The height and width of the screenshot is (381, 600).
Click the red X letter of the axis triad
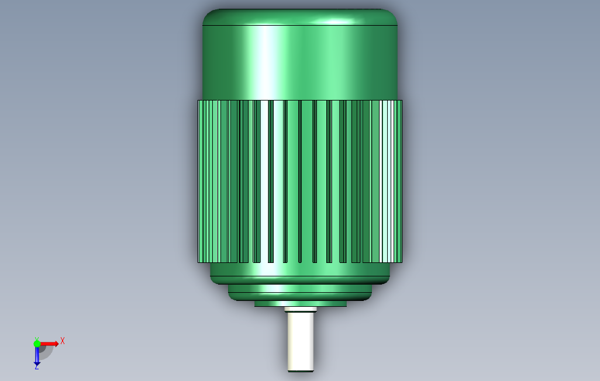pos(63,341)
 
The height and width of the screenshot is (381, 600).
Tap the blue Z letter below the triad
pos(36,366)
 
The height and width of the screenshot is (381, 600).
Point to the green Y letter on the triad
pos(36,339)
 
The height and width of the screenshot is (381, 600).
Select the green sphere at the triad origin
pos(37,344)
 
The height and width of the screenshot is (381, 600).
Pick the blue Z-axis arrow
pos(37,355)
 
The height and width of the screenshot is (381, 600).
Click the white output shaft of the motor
pos(301,342)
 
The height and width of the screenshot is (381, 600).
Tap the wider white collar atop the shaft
pos(301,309)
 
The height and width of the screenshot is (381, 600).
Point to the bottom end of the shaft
pos(301,369)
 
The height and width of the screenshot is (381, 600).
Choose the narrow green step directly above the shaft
pos(301,303)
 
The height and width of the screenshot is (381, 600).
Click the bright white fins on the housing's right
pos(388,181)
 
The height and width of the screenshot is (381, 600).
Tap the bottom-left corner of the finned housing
pos(199,262)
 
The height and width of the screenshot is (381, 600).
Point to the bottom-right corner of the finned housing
pos(401,262)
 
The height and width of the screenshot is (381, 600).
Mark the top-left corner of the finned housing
pos(199,101)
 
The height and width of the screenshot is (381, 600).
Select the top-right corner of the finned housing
pos(401,101)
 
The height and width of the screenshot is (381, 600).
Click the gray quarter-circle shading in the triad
pos(45,351)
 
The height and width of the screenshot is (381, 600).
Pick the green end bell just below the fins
pos(300,273)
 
